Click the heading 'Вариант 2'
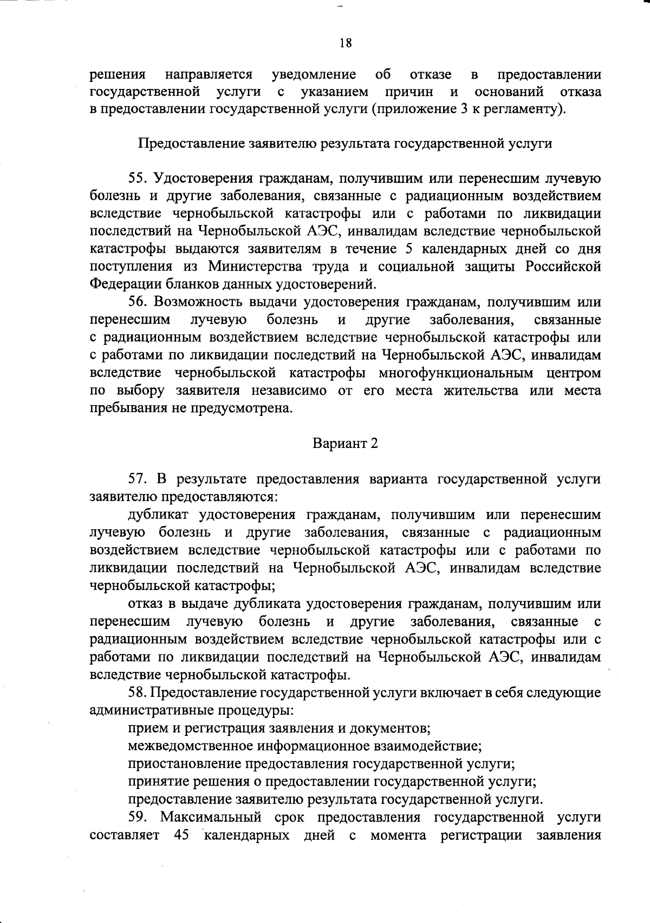point(345,443)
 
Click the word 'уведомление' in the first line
point(314,74)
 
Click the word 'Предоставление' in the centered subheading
point(192,144)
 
